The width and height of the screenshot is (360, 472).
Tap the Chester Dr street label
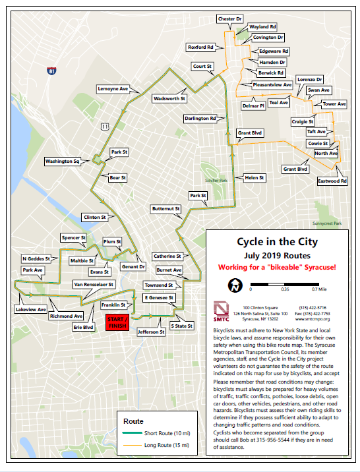click(231, 20)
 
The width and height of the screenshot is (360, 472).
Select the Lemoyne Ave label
click(113, 88)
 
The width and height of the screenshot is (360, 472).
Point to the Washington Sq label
click(62, 161)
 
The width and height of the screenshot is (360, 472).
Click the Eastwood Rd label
click(332, 180)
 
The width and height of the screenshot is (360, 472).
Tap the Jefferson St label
click(151, 332)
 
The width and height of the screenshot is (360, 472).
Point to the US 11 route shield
click(105, 126)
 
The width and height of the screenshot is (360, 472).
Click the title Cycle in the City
click(277, 242)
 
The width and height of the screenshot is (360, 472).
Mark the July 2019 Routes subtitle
click(277, 256)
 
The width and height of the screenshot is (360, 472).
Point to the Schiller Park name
click(217, 180)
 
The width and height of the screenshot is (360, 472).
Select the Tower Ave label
click(334, 104)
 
